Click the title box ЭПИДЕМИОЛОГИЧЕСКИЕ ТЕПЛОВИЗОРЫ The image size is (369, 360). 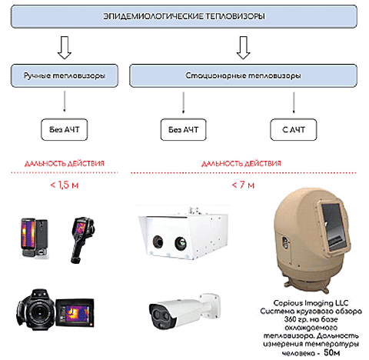(184, 16)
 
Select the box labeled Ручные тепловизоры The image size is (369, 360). (65, 75)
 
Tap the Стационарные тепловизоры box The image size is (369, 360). (243, 75)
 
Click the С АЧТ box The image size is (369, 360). (294, 129)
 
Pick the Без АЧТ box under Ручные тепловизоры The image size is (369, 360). (65, 129)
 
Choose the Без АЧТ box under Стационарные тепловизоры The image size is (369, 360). (183, 129)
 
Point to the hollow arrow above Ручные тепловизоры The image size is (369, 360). (65, 48)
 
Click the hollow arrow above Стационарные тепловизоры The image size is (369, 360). (243, 48)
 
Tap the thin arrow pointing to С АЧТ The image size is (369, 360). (294, 102)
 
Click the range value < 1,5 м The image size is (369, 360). (65, 185)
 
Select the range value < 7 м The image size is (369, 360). (243, 185)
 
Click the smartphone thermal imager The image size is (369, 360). (34, 238)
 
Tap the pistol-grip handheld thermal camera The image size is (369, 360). (82, 240)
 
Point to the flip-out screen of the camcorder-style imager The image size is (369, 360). (75, 313)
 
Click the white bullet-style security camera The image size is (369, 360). (184, 312)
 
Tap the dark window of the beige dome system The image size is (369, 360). (334, 225)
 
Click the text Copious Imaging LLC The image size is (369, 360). (311, 303)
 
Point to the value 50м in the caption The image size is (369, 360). (332, 352)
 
